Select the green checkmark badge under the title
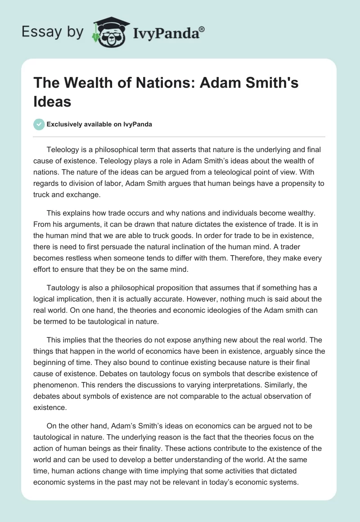(39, 124)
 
